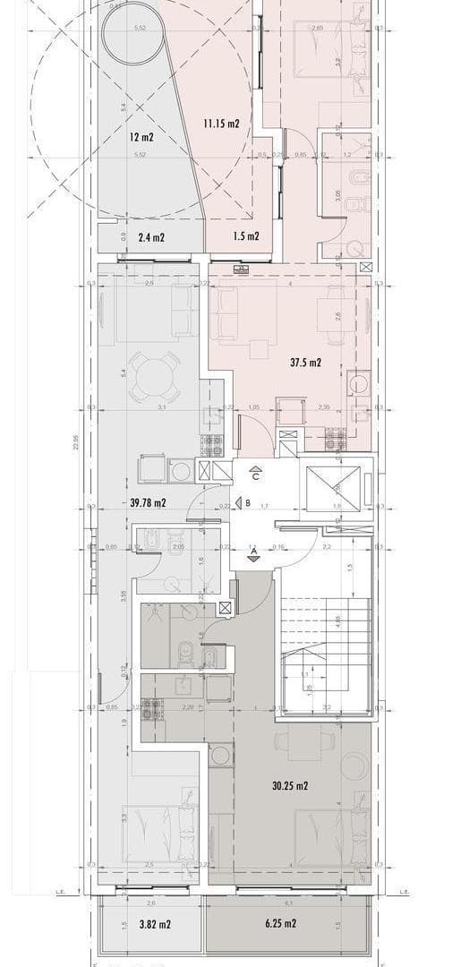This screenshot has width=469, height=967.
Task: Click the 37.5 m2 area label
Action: coord(306,363)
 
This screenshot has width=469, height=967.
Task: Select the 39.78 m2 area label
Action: coord(148,503)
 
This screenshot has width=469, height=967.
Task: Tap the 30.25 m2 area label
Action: coord(290,786)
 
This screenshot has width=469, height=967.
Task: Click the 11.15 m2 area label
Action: coord(221,124)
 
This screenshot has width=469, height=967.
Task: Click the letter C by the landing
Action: coord(255,476)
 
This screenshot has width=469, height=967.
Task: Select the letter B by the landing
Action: coord(247,503)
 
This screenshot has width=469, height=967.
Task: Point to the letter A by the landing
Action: coord(254,549)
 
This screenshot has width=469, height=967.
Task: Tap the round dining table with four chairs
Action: coord(151,380)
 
